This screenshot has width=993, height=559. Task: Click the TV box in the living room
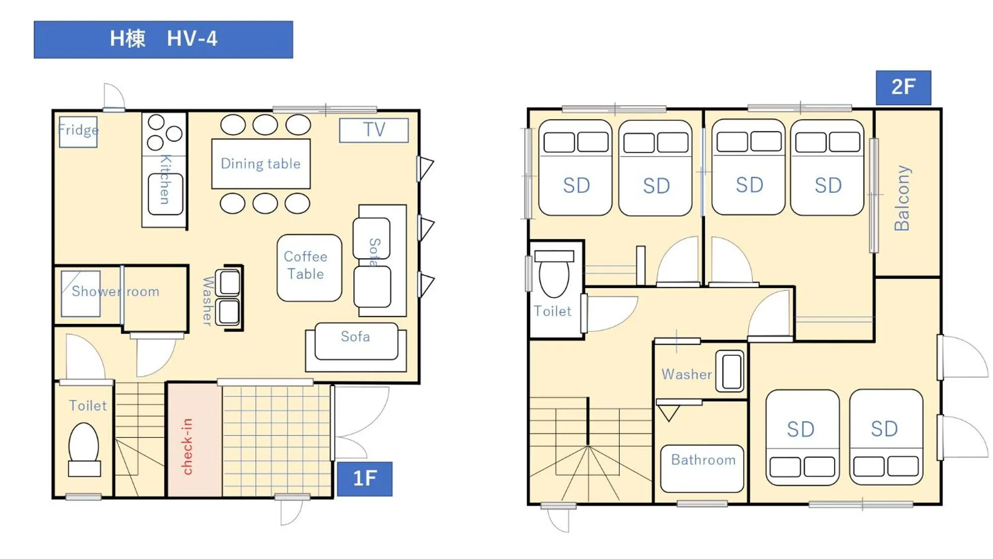point(374,130)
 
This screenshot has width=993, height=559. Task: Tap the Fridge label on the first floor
point(78,130)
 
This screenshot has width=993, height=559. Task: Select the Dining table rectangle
point(261,163)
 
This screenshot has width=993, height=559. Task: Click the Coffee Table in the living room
point(309,267)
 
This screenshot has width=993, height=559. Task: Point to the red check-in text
point(187,446)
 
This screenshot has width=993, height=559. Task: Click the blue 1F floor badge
point(365,479)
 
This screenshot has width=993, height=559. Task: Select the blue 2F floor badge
point(903,87)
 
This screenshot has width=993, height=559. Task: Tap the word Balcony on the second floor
point(902,198)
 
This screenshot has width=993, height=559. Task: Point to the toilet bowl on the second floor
point(554,278)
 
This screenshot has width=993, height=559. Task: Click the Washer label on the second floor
point(687,374)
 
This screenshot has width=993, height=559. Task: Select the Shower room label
point(115,291)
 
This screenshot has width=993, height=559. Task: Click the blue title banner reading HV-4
point(163,39)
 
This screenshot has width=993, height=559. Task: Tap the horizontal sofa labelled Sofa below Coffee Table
point(356,341)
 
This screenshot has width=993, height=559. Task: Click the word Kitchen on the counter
point(165,179)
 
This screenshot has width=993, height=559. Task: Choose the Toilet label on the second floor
point(552,312)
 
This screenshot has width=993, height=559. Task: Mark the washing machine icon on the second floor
point(731,371)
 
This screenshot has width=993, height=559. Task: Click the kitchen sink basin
point(165,194)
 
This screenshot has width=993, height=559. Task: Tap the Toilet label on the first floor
point(87,406)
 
